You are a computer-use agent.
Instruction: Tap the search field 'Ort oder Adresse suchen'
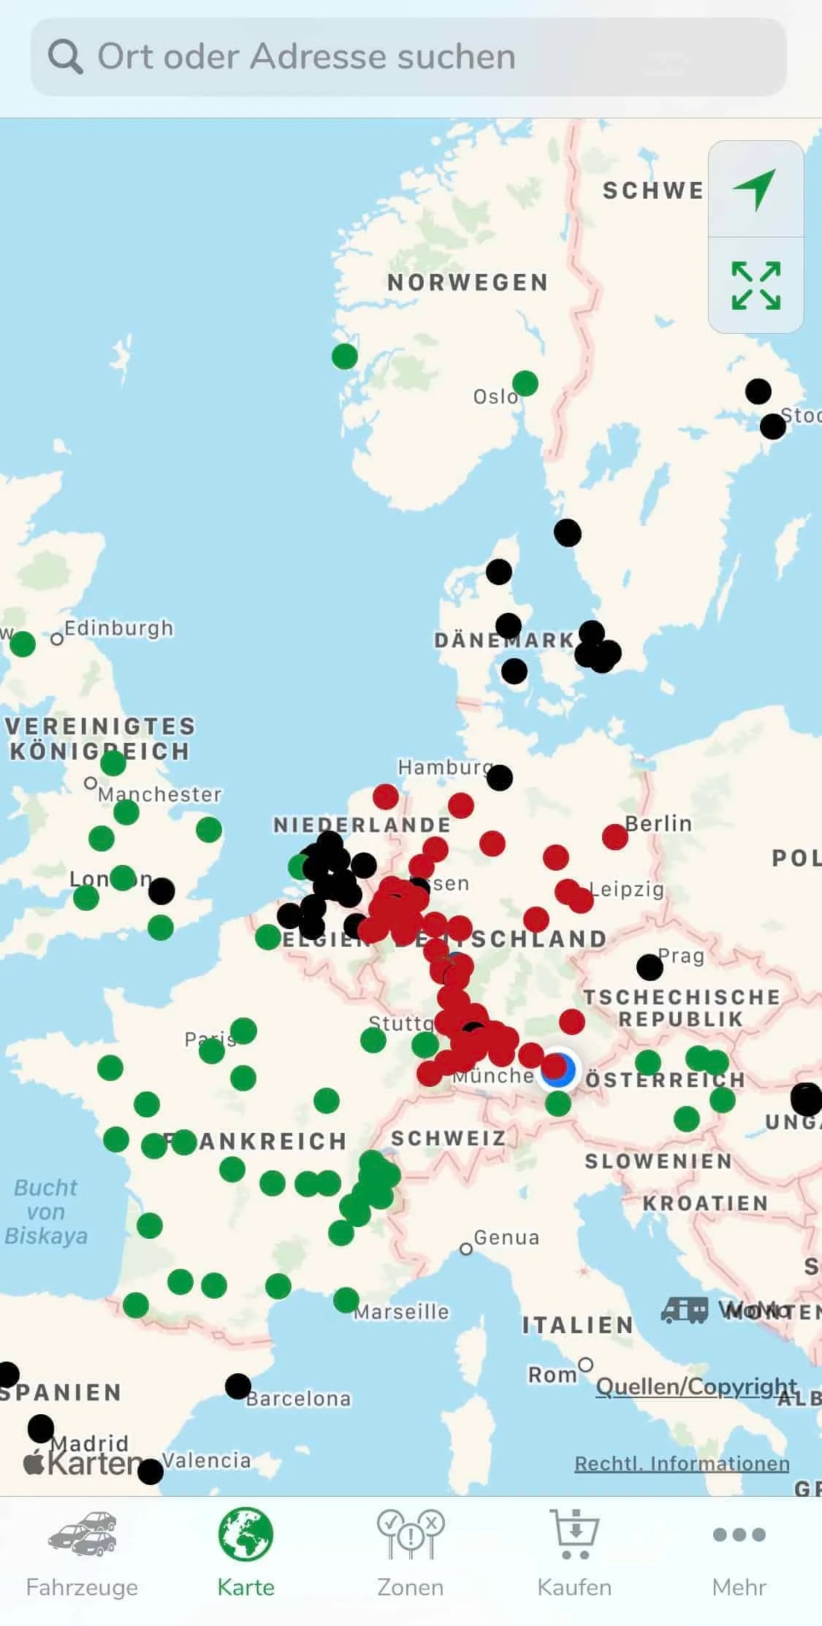pyautogui.click(x=409, y=57)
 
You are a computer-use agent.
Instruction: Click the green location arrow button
pyautogui.click(x=756, y=189)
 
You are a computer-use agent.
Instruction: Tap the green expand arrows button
pyautogui.click(x=756, y=286)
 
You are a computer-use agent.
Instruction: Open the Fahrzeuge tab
pyautogui.click(x=82, y=1552)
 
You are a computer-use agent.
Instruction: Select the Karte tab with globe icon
pyautogui.click(x=246, y=1552)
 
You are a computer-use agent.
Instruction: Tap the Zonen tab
pyautogui.click(x=410, y=1552)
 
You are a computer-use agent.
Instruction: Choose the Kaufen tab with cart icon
pyautogui.click(x=574, y=1552)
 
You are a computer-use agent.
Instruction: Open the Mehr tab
pyautogui.click(x=739, y=1552)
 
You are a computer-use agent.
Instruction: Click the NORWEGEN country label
pyautogui.click(x=468, y=283)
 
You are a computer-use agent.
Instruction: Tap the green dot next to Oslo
pyautogui.click(x=525, y=383)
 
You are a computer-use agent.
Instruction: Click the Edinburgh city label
pyautogui.click(x=118, y=628)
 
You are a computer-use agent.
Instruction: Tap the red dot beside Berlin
pyautogui.click(x=614, y=836)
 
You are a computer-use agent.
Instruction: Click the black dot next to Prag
pyautogui.click(x=650, y=967)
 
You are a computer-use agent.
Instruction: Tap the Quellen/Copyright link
pyautogui.click(x=696, y=1386)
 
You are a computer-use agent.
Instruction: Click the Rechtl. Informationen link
pyautogui.click(x=681, y=1464)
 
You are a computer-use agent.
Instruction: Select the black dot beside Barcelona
pyautogui.click(x=238, y=1386)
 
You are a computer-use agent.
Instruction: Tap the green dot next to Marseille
pyautogui.click(x=346, y=1299)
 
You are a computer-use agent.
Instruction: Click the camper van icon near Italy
pyautogui.click(x=684, y=1310)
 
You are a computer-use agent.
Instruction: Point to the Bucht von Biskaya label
pyautogui.click(x=46, y=1211)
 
